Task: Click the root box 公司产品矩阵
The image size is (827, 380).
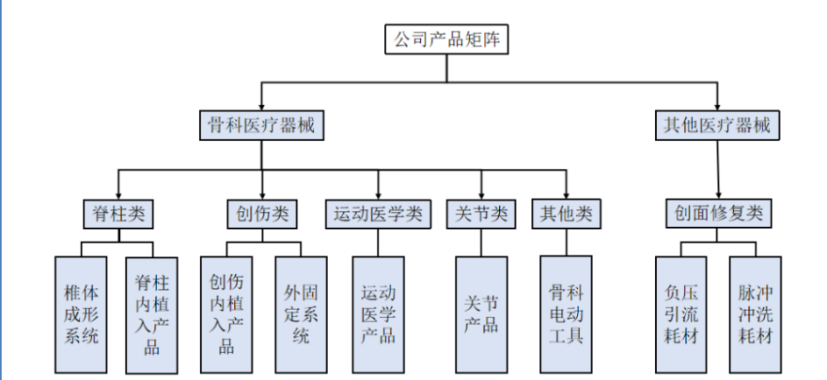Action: (447, 39)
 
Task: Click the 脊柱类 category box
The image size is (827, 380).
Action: (117, 215)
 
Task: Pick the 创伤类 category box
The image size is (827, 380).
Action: (262, 215)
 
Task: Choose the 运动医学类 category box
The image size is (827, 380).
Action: (378, 215)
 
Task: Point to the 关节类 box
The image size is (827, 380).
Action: (480, 215)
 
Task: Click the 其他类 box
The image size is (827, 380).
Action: (566, 215)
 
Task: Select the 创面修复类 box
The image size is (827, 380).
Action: (719, 215)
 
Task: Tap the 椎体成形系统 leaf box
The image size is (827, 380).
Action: (80, 313)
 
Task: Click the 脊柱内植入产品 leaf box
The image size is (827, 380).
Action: (152, 313)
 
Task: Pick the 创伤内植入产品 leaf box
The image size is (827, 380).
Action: (226, 313)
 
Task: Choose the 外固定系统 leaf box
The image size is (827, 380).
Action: (301, 313)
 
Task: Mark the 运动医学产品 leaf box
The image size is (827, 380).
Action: (378, 313)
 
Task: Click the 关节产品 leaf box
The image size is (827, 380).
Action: (480, 313)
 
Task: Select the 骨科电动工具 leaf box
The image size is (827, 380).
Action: (566, 313)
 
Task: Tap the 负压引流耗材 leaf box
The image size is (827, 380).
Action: (683, 313)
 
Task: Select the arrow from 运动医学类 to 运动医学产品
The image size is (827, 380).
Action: (378, 243)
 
